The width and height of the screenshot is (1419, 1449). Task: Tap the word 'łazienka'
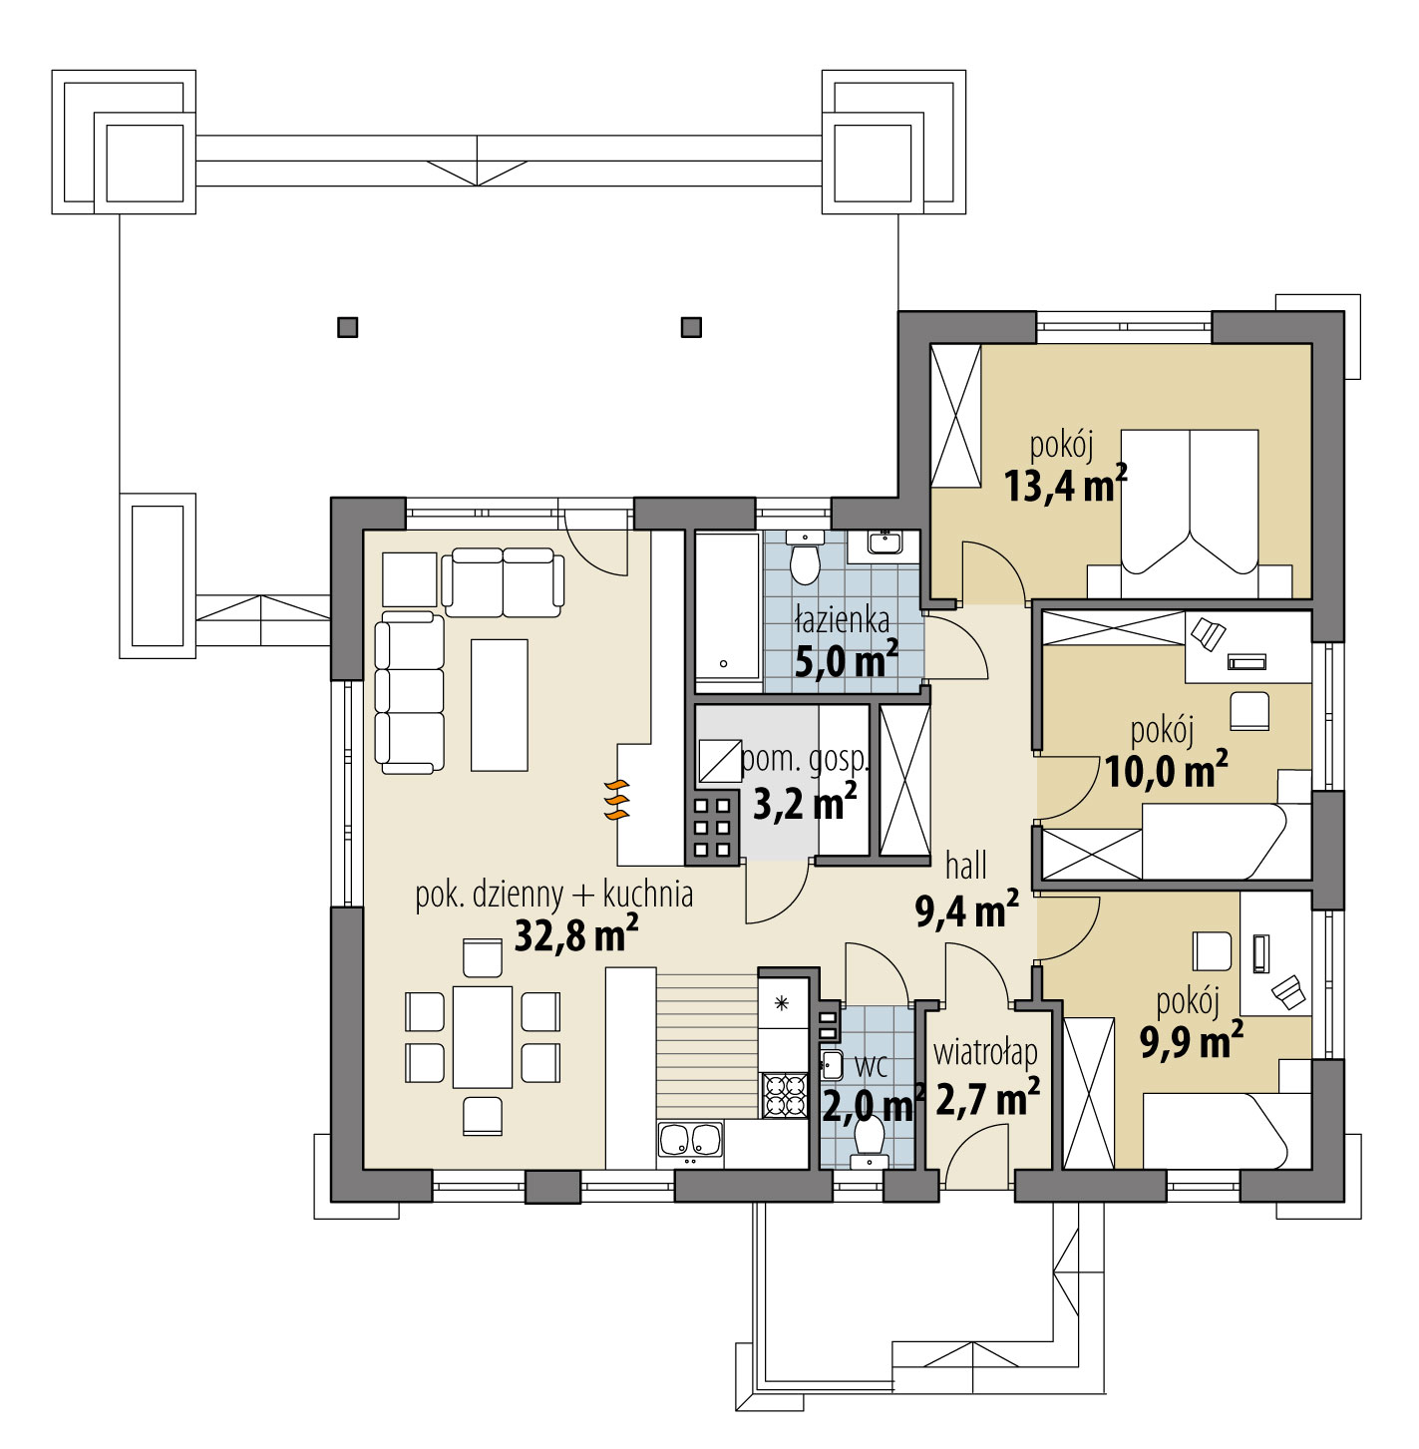point(842,620)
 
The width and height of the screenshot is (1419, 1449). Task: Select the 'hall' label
point(965,866)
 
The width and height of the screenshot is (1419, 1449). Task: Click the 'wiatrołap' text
point(985,1052)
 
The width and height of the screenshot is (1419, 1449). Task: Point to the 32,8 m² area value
point(575,935)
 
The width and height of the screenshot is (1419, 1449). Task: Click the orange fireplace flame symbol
point(617,800)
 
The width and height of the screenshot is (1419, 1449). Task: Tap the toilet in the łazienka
point(804,558)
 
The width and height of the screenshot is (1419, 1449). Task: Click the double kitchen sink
point(690,1143)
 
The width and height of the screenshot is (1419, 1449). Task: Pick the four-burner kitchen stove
point(784,1095)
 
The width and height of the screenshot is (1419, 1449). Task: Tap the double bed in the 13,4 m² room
point(1190,504)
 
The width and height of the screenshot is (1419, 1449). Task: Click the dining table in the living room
point(483,1037)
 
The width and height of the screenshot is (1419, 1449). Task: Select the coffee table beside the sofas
point(499,704)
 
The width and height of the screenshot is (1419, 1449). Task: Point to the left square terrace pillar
point(347,327)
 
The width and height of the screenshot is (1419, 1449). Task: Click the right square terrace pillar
point(690,327)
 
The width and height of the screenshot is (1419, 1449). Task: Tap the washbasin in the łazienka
point(884,543)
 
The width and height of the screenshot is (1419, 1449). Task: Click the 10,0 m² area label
point(1166,771)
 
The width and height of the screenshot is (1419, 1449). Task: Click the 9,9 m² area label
point(1191,1042)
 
